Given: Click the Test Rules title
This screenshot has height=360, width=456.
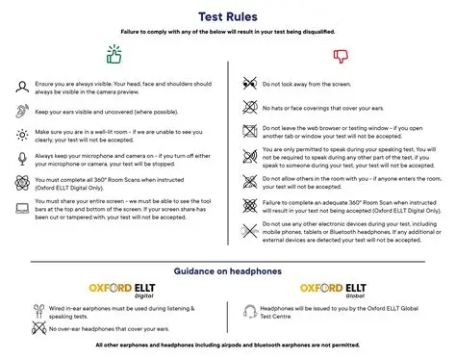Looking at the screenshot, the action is click(x=227, y=15).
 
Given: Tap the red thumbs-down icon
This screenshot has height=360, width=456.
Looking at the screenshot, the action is click(x=339, y=55).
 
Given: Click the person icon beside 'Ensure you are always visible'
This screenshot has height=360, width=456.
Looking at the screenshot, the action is click(x=21, y=86).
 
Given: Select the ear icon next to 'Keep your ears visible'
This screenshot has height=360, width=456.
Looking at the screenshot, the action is click(x=21, y=111).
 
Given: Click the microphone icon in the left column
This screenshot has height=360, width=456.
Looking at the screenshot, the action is click(x=21, y=158).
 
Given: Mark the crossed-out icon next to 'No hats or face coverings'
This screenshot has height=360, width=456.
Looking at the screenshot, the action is click(x=248, y=103).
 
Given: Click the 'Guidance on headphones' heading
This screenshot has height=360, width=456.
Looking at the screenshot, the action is click(x=227, y=271).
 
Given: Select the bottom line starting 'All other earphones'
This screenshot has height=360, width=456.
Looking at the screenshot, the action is click(x=227, y=345).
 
